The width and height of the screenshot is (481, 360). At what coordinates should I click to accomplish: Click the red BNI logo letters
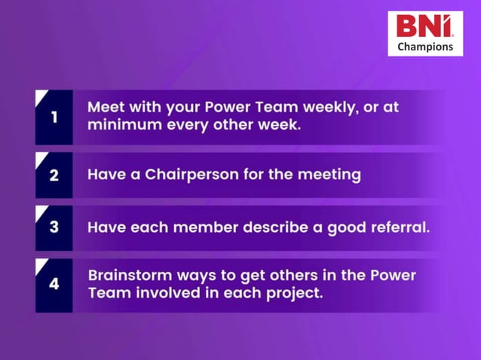coord(424,26)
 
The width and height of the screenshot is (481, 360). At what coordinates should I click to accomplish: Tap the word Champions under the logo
coord(425,47)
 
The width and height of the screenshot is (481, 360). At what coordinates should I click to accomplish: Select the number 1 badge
coord(54,117)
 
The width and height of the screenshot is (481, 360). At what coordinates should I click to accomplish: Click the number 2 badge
coord(54,175)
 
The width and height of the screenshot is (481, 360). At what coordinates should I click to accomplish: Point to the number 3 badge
coord(54,227)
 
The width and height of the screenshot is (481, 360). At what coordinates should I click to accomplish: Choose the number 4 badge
coord(54,285)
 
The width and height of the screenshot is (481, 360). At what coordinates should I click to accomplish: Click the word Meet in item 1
coord(106,107)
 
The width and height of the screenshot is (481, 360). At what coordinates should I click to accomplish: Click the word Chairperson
coord(193,175)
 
